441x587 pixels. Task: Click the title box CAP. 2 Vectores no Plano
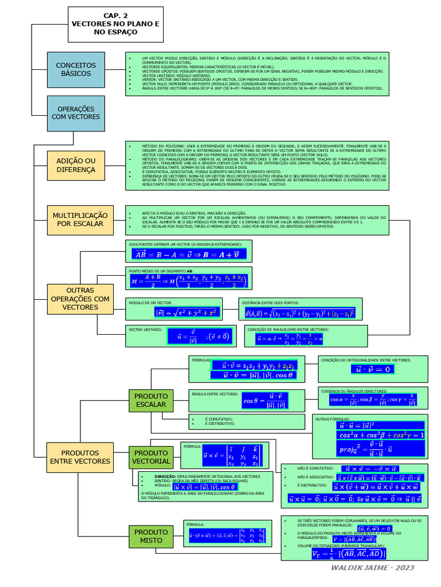tap(115, 25)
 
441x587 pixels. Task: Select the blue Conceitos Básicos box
tap(76, 69)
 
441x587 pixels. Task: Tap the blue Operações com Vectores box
tap(76, 112)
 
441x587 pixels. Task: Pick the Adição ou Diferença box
tap(76, 166)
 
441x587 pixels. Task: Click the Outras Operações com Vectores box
tap(80, 299)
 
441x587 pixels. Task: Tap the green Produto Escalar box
tap(151, 400)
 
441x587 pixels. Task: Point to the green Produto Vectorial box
tap(151, 457)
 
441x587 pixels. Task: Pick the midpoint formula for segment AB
tap(188, 281)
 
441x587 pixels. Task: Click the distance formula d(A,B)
tap(300, 313)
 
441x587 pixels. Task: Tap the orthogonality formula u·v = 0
tap(373, 370)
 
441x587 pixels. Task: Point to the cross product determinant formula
tap(233, 456)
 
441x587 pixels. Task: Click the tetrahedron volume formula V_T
tap(349, 554)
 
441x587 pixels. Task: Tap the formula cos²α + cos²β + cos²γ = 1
tap(381, 436)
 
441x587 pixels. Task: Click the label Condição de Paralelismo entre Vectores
tap(279, 330)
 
